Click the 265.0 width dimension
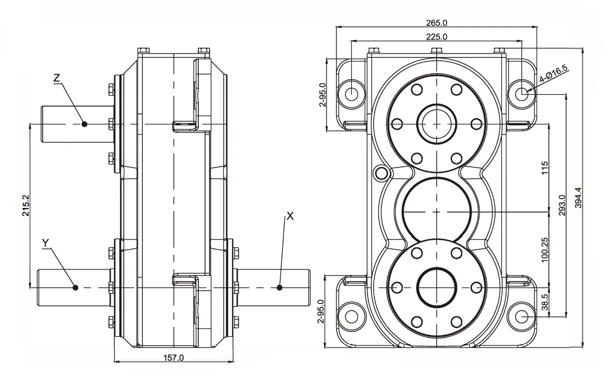(437, 23)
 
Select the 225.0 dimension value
(437, 37)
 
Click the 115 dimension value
(545, 167)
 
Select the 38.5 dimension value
(545, 303)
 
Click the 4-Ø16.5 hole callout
(553, 74)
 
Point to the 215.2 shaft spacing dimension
(25, 205)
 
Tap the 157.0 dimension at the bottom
(174, 358)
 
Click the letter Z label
(57, 78)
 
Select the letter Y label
(45, 243)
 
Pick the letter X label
(290, 216)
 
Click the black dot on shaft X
(279, 288)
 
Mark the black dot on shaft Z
(84, 124)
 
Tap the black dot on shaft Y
(75, 288)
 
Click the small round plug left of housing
(380, 173)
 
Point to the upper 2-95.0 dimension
(323, 95)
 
